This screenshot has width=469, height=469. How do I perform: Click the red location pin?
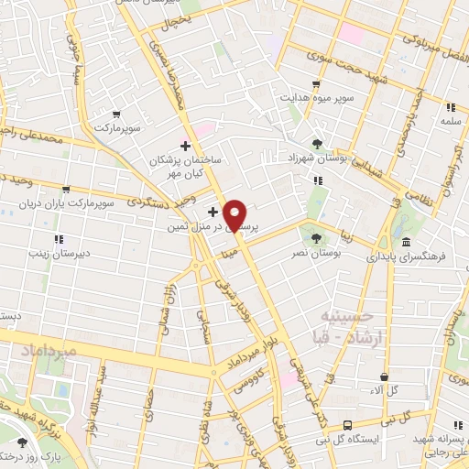click(235, 215)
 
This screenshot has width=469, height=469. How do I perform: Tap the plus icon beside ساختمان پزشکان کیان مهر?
click(185, 145)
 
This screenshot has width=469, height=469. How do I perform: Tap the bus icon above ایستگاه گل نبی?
click(347, 425)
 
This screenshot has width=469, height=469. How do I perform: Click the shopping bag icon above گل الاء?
click(385, 376)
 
